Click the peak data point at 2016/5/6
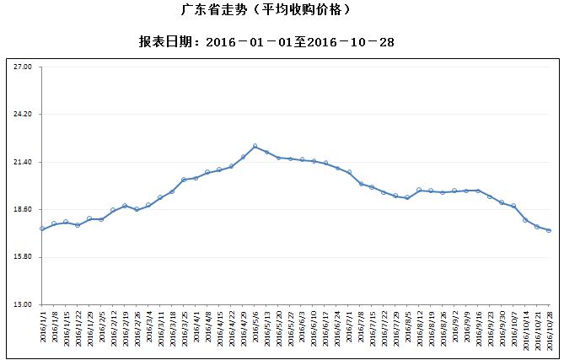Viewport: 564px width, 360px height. click(255, 147)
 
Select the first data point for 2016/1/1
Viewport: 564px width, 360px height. click(42, 228)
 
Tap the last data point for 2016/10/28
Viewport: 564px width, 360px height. click(549, 230)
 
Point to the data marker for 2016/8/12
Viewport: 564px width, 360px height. click(419, 191)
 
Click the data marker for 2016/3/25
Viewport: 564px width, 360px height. click(184, 180)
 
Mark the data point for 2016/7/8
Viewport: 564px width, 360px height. click(361, 184)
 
